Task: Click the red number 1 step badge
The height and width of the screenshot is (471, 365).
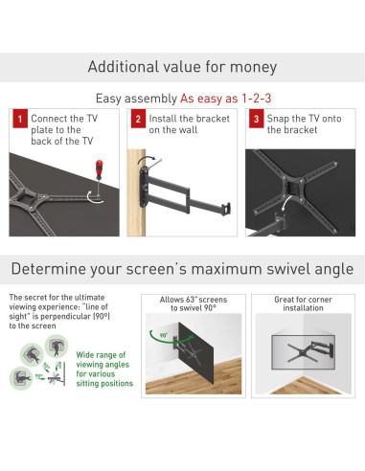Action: (20, 119)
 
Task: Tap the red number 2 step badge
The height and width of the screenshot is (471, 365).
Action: (138, 119)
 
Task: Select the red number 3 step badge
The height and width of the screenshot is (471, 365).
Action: (256, 119)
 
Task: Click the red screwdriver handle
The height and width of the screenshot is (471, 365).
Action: (100, 168)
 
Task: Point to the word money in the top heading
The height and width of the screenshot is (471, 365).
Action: (253, 67)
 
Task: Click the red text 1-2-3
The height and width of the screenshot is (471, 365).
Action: (257, 99)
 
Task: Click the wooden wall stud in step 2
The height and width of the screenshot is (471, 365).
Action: (136, 192)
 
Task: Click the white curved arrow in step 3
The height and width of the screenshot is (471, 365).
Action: (286, 202)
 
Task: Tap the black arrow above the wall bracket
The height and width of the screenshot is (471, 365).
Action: (147, 159)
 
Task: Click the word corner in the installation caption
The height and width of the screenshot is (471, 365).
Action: (320, 300)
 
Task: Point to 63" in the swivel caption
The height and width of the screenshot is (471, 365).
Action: (191, 300)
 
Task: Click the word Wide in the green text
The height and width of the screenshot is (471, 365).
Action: (84, 355)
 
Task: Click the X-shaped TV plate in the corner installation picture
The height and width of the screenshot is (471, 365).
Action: (303, 352)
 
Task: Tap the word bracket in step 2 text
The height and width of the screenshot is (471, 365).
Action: (214, 119)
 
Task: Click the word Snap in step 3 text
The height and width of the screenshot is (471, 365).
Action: (278, 119)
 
